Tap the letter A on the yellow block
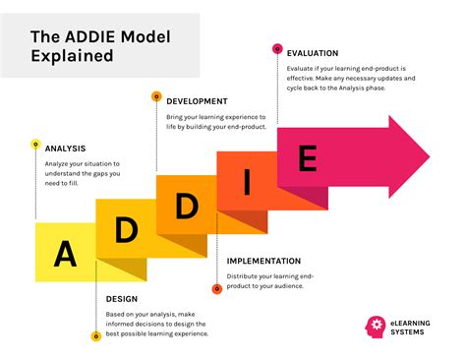click(65, 254)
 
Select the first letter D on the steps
click(126, 229)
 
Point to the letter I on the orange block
click(246, 182)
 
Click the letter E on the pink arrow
click(307, 158)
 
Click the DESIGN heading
click(122, 299)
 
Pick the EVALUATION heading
click(313, 53)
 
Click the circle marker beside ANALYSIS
click(35, 147)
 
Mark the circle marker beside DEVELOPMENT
click(155, 96)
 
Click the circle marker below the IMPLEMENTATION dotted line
click(216, 289)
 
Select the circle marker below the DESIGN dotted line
click(95, 336)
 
